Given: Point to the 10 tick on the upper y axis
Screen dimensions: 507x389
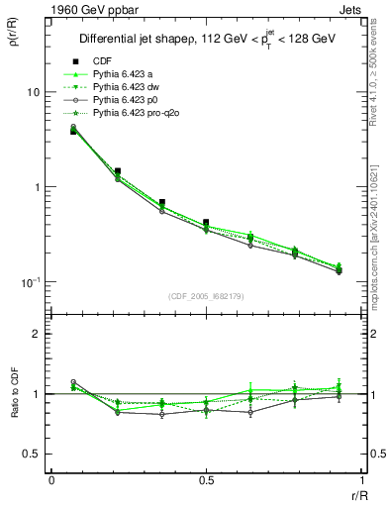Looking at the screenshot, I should pos(32,92).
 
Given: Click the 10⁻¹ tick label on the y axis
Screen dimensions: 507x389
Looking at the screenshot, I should pos(30,282).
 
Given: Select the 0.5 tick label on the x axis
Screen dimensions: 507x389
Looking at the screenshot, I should pos(205,480).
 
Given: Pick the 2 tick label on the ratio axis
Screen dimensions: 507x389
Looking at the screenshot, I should pos(36,334).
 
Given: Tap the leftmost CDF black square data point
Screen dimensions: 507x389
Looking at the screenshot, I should pos(73,131).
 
